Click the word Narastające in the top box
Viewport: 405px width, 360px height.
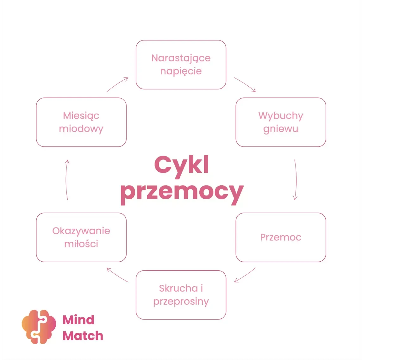pos(181,58)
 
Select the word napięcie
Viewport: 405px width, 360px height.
pos(181,71)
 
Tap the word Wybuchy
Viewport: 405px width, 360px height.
pos(281,116)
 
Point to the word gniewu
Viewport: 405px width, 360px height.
pos(281,129)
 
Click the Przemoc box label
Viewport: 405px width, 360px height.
pos(281,237)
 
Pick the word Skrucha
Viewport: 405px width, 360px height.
pos(178,288)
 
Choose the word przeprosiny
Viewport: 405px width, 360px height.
pos(181,301)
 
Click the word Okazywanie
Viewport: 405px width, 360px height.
pos(81,231)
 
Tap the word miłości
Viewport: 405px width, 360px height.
pos(81,244)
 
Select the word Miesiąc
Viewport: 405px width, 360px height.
pos(81,116)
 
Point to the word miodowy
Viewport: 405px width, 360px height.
pos(81,129)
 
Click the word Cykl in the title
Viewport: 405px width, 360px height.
pos(182,165)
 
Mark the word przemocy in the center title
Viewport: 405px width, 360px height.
pos(182,192)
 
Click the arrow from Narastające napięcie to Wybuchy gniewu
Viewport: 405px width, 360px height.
pos(245,84)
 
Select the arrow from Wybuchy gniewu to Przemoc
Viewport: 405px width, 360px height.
pos(296,180)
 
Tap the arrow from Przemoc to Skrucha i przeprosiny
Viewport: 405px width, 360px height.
pos(245,275)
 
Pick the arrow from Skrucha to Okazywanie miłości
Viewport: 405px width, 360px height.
pos(117,275)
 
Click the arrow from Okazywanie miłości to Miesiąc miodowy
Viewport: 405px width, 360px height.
pos(66,180)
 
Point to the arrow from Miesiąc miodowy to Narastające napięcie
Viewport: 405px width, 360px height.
pos(117,84)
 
